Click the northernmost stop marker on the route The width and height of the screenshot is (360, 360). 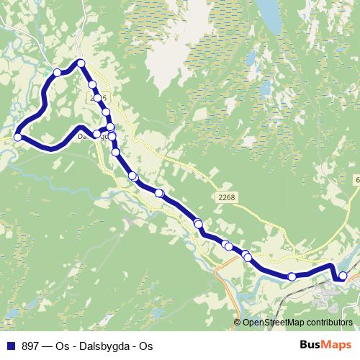pos(81,63)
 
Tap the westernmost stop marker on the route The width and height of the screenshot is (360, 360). pos(18,137)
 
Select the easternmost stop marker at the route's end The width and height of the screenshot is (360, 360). pos(343,276)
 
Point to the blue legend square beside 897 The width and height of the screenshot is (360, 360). pos(10,346)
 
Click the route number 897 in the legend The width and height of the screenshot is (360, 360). pos(31,346)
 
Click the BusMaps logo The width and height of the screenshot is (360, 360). pos(325,345)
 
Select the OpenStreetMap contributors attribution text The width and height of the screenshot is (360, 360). pos(297,323)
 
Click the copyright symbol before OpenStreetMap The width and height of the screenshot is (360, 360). pos(238,323)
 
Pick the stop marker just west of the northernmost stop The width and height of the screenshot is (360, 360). pos(58,72)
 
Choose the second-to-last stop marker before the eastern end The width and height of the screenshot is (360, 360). pos(292,276)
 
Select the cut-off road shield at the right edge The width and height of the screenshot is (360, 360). pos(356,179)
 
